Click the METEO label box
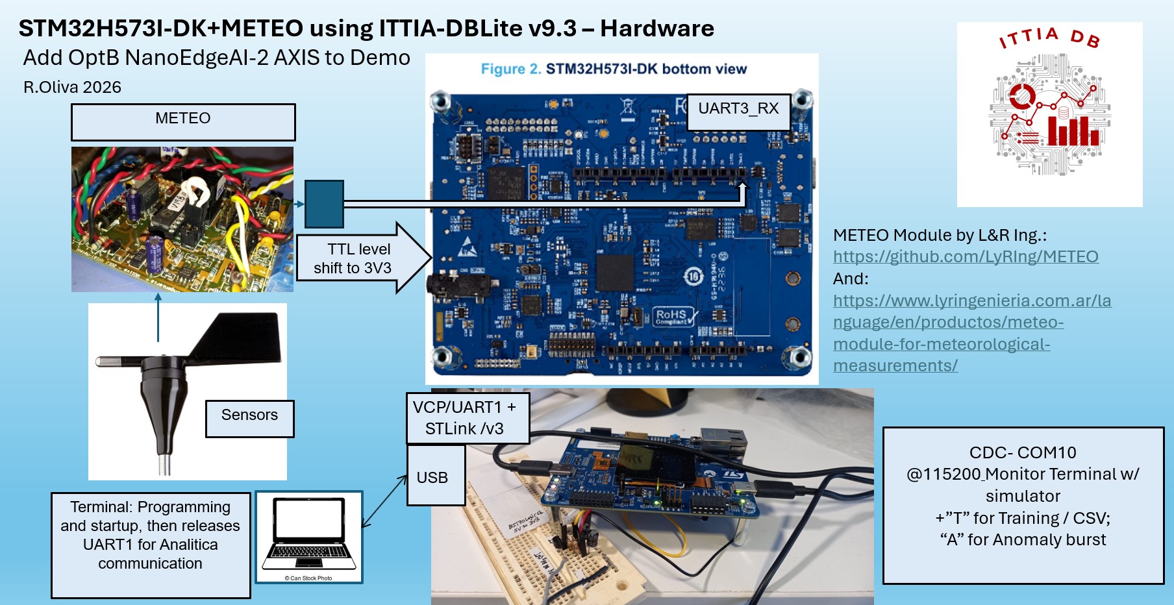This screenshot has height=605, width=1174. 183,122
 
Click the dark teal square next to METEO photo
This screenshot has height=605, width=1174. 324,204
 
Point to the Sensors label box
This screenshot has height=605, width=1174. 249,418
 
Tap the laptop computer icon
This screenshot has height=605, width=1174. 308,536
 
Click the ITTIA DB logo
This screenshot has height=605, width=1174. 1049,114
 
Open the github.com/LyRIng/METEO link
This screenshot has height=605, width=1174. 966,256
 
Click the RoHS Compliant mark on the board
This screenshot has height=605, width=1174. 673,317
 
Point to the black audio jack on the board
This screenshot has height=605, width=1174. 448,284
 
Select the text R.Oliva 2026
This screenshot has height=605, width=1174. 72,87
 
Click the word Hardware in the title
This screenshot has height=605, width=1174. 656,29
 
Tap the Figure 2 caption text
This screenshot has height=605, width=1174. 614,69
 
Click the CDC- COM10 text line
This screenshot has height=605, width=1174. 1023,452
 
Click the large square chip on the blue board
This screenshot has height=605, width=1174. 614,272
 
